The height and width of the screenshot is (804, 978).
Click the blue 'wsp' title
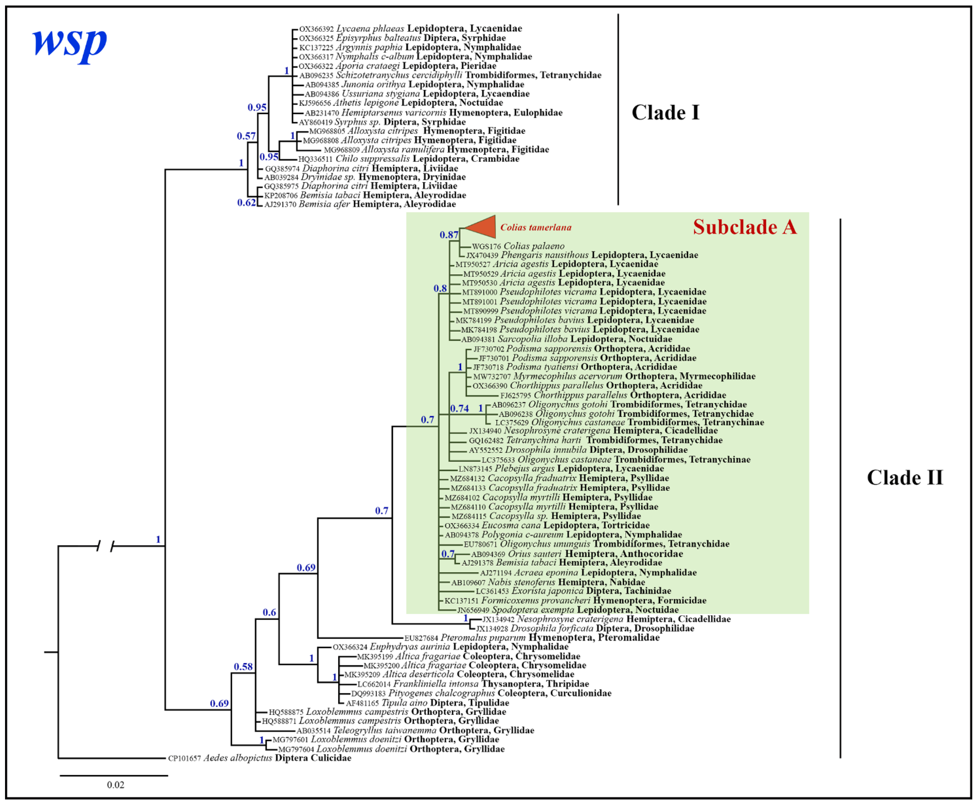pyautogui.click(x=70, y=44)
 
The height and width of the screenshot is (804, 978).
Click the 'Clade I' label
pyautogui.click(x=665, y=113)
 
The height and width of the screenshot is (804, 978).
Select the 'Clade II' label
pyautogui.click(x=905, y=477)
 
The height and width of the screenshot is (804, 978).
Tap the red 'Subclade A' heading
pyautogui.click(x=745, y=227)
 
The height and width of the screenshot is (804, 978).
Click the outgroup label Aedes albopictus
pyautogui.click(x=237, y=758)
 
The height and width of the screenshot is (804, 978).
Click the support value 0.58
pyautogui.click(x=243, y=666)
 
